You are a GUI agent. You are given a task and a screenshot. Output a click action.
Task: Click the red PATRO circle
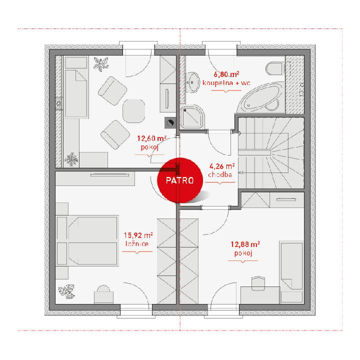tap(180, 180)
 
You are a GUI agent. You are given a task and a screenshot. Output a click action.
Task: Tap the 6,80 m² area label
tap(226, 74)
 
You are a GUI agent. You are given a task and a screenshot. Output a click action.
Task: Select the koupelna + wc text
tap(226, 83)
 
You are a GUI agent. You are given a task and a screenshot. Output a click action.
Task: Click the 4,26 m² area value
tap(222, 166)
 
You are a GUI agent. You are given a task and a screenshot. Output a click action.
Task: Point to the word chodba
tap(220, 174)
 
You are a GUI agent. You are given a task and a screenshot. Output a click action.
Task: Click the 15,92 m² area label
tap(138, 235)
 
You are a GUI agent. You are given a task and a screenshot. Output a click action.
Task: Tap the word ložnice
tap(137, 243)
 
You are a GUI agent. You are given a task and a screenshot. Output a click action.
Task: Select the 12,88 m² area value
tap(245, 244)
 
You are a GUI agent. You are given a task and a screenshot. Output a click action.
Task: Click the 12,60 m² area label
tap(152, 138)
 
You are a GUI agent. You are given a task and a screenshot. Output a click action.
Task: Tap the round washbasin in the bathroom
tap(192, 82)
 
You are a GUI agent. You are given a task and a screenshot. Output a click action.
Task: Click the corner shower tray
tap(192, 117)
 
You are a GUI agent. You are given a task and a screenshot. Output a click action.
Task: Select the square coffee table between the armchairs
tap(134, 111)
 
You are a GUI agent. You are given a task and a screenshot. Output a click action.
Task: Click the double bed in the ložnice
tap(87, 240)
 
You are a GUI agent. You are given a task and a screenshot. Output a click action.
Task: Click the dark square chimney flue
tap(170, 122)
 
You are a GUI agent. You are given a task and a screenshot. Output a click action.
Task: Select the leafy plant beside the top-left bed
tap(100, 64)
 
